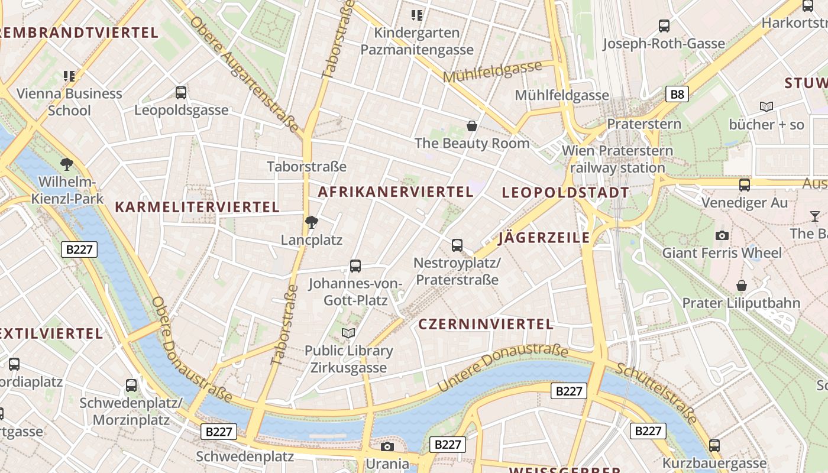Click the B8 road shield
(x=677, y=94)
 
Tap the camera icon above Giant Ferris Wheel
(x=722, y=235)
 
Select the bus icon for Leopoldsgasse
(x=181, y=93)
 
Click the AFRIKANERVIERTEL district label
(x=396, y=192)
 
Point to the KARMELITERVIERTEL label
(x=197, y=207)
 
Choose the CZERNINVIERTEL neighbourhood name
(x=486, y=324)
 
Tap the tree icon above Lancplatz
(x=312, y=222)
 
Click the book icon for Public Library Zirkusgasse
(x=348, y=333)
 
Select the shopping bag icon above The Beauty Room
(x=472, y=125)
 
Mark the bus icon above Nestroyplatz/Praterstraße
(x=457, y=245)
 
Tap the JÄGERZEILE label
(x=544, y=238)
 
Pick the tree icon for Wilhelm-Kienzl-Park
(x=67, y=164)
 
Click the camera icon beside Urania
(x=387, y=446)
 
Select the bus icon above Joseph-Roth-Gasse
(x=664, y=26)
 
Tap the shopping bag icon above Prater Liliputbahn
(x=741, y=286)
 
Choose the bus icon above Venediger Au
(x=745, y=185)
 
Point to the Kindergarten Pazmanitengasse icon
(x=417, y=15)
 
